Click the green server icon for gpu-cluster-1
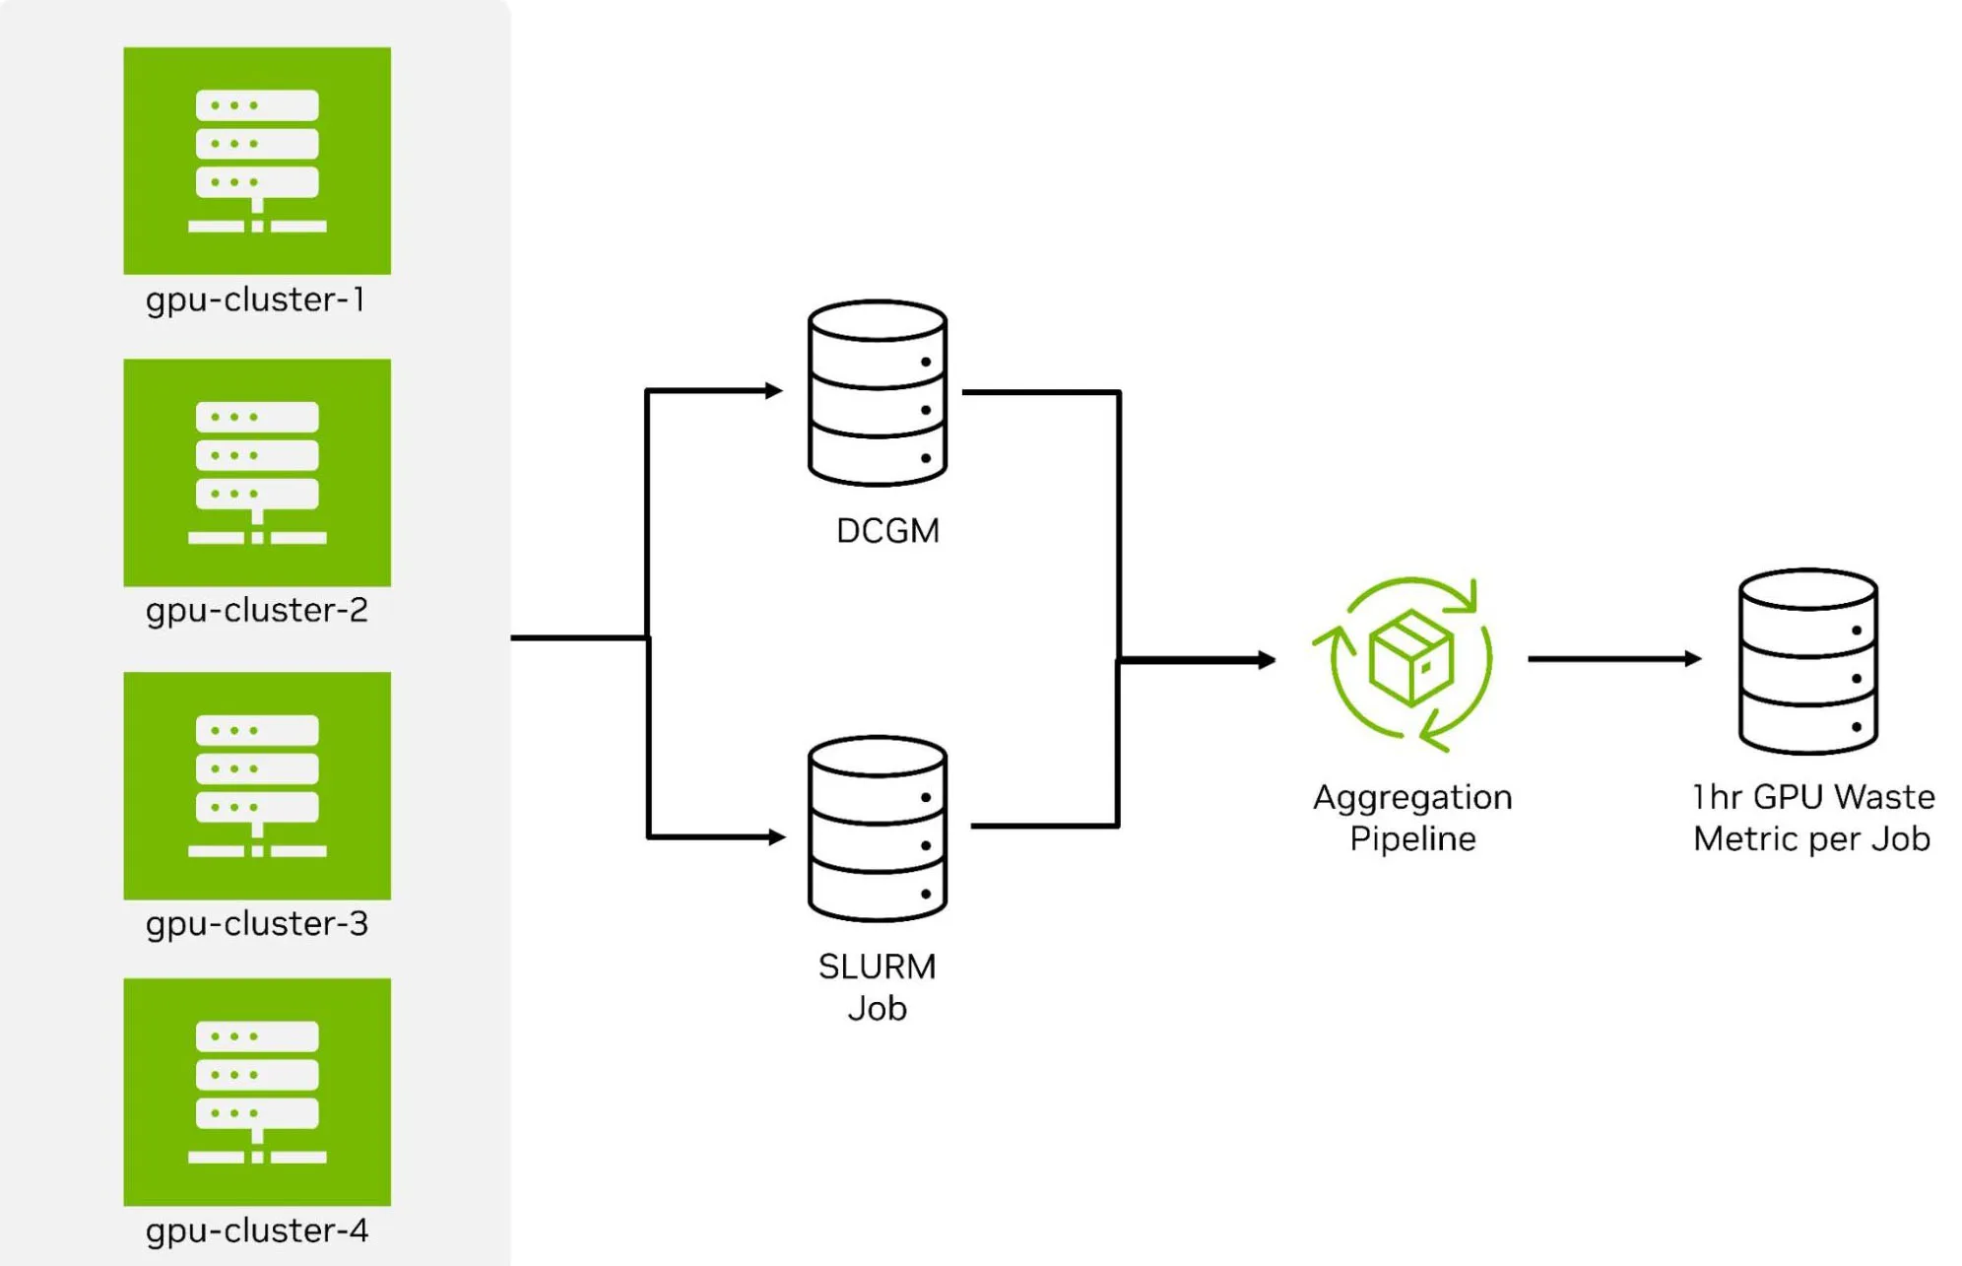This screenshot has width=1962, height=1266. point(257,161)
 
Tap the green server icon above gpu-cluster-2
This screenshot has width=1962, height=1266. point(257,473)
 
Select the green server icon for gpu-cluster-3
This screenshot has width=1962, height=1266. point(257,786)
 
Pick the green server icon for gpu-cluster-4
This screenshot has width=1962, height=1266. point(257,1092)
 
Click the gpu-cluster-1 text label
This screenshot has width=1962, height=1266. point(256,300)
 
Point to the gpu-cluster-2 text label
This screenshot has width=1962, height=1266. point(257,612)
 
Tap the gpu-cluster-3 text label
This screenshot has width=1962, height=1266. point(257,925)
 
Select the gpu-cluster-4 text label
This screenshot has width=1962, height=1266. point(257,1232)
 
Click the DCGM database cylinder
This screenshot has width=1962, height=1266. point(878,393)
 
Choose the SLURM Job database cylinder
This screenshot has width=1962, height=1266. point(878,829)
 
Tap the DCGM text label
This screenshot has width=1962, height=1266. point(887,531)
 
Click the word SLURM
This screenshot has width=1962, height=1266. point(878,966)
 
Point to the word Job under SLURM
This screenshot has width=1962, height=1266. point(878,1009)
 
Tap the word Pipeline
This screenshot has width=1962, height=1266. point(1412,840)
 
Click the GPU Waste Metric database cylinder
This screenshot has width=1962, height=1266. point(1808,661)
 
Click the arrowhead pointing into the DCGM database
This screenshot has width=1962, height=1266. point(774,391)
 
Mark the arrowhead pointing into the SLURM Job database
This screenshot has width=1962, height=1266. point(777,836)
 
